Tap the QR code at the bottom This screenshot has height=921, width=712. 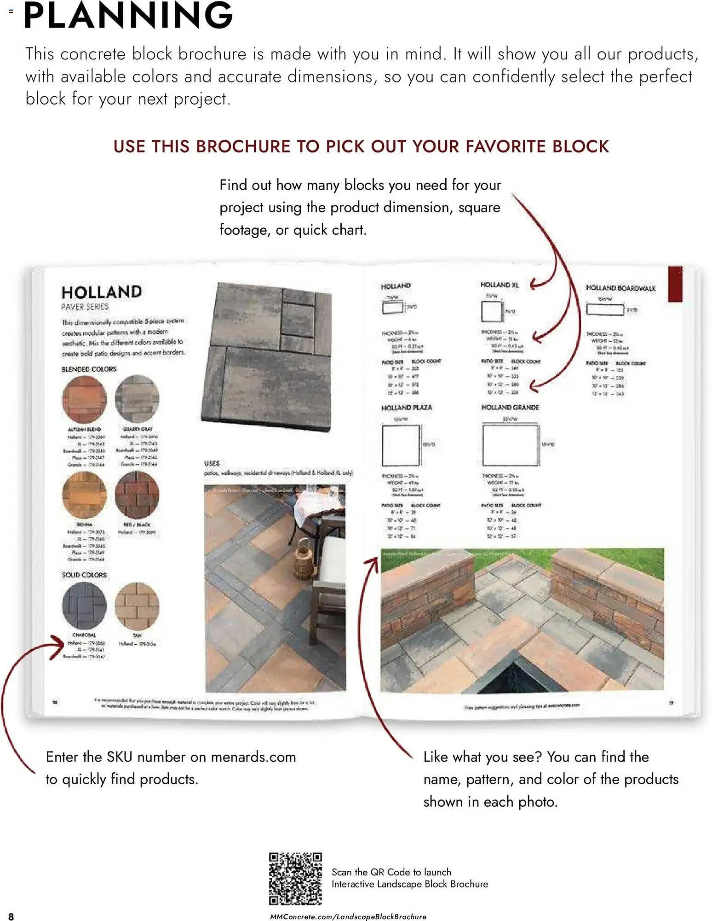coord(295,879)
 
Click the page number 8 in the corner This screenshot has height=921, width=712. coord(11,916)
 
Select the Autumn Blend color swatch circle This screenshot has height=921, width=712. coord(84,399)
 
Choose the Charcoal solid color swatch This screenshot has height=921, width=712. coord(84,606)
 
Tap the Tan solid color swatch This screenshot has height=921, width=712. coord(137,606)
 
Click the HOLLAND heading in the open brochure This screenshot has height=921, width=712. coord(102,292)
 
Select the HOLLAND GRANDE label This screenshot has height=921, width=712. coord(510,408)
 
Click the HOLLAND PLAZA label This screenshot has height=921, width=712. coord(406,408)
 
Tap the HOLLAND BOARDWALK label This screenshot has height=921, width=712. coord(620,288)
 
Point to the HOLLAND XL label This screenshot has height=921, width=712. coord(499,285)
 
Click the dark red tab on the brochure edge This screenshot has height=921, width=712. coord(675,284)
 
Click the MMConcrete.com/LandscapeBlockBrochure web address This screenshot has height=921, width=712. coord(348,916)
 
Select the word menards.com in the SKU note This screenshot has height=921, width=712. coord(253,757)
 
